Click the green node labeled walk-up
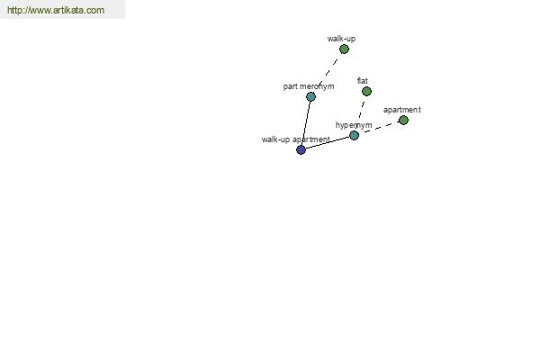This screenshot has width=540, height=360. pos(344,49)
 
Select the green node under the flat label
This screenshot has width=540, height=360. pos(366,91)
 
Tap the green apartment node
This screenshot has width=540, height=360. pos(403,121)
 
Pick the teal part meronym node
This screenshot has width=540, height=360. pos(310,97)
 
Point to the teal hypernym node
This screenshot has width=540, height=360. pos(354,135)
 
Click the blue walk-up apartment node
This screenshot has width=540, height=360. pos(301,150)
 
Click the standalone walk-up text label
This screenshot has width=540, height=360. pos(341,39)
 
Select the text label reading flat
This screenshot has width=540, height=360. pos(363,81)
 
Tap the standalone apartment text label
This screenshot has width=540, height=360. pos(402,110)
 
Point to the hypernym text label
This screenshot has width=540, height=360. pos(354,125)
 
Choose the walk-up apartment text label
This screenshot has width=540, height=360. pos(296,139)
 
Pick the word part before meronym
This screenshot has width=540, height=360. pos(291,86)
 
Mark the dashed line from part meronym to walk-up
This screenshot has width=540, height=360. pos(328,73)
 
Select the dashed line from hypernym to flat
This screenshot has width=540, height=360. pos(361,112)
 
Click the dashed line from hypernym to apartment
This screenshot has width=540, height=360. pos(380,127)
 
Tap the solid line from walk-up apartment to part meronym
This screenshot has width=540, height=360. pos(306,123)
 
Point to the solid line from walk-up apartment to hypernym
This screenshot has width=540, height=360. pos(328,142)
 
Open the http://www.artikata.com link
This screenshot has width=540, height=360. pos(56,10)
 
